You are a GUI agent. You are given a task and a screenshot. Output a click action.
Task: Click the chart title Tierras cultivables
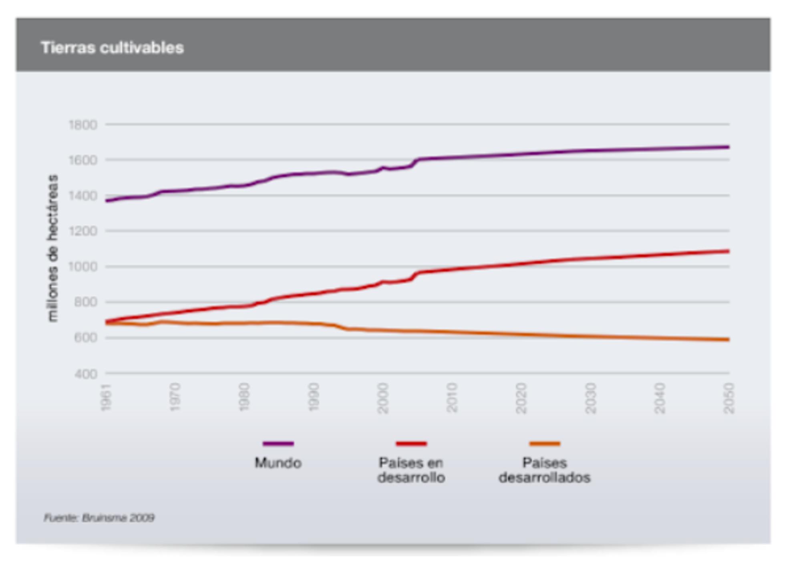pos(112,48)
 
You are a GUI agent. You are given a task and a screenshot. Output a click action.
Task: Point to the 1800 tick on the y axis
pos(83,125)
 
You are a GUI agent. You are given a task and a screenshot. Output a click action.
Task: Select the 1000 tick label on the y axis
pos(83,266)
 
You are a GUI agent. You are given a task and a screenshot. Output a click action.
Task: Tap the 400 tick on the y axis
pos(86,374)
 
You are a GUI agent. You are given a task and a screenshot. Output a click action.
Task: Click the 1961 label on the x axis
pos(106,398)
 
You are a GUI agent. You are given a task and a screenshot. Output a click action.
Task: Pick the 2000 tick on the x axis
pos(383,398)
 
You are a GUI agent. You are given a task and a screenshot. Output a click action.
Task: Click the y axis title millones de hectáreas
pos(52,248)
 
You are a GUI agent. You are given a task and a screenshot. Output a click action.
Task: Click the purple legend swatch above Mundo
pos(278,443)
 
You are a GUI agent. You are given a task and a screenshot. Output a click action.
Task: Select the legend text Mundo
pos(278,463)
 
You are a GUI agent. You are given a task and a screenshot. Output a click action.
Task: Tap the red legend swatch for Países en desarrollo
pos(411,443)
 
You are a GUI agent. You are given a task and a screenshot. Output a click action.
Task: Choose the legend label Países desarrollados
pos(544,470)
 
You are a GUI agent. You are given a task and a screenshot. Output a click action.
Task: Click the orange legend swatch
pos(544,443)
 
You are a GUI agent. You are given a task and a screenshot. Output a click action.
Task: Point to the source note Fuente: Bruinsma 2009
pos(99,518)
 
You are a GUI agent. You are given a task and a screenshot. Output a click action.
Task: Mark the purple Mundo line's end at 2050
pos(728,147)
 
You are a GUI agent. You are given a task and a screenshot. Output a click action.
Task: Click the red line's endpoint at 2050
pos(728,251)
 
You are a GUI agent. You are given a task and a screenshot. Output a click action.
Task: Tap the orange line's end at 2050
pos(728,340)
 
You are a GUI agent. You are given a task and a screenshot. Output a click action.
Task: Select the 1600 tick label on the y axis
pos(83,160)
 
